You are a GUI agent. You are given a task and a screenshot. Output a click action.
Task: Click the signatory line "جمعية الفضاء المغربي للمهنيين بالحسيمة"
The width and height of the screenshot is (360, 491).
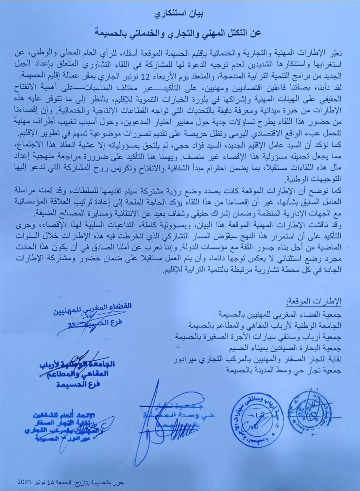[280, 314]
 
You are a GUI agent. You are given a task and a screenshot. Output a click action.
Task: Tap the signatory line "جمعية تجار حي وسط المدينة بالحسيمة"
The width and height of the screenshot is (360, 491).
[284, 370]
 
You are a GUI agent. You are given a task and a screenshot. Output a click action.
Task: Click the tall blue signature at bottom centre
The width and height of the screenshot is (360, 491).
[157, 424]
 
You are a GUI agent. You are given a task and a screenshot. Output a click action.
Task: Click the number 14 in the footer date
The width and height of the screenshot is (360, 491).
[50, 483]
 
